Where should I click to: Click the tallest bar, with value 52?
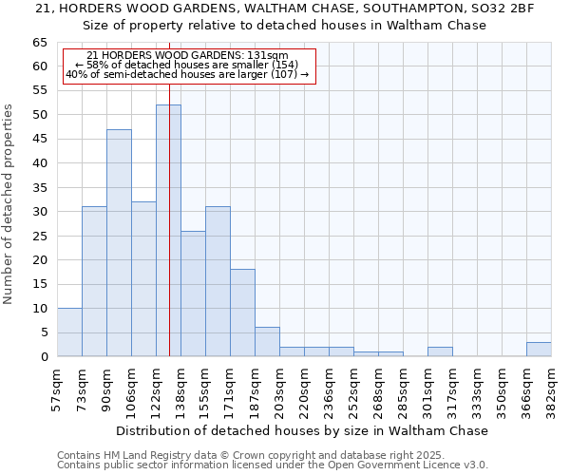[x=168, y=231]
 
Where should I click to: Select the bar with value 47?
[x=119, y=243]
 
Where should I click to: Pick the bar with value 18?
[x=242, y=313]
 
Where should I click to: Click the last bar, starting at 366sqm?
[x=539, y=350]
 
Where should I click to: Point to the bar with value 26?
[x=193, y=294]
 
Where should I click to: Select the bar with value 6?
[x=267, y=342]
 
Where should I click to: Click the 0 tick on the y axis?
[x=44, y=357]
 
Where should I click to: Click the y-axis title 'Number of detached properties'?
[x=9, y=204]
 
